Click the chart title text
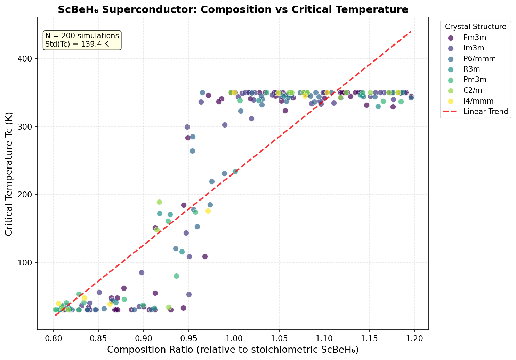[x=233, y=9]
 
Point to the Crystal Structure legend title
[x=475, y=27]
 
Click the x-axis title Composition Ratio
[x=233, y=350]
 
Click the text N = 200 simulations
[x=82, y=36]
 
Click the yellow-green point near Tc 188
[x=159, y=202]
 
